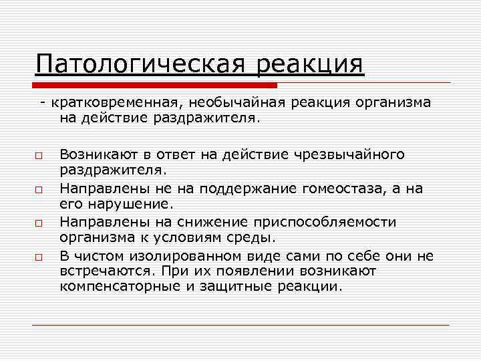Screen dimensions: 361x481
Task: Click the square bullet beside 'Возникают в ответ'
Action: pyautogui.click(x=39, y=156)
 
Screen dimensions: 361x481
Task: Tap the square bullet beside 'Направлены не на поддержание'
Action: pyautogui.click(x=39, y=189)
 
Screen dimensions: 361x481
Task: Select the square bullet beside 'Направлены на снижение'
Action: pyautogui.click(x=39, y=223)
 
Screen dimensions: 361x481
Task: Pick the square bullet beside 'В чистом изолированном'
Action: pyautogui.click(x=39, y=256)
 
